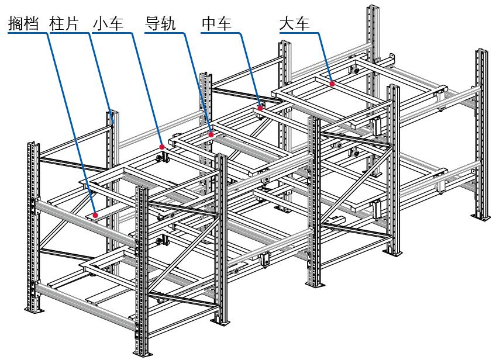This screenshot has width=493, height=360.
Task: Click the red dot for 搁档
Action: [x=94, y=214]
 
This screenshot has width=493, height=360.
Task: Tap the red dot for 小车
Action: [x=162, y=146]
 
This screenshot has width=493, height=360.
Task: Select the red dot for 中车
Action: [x=260, y=107]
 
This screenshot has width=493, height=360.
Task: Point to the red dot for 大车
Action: [x=332, y=84]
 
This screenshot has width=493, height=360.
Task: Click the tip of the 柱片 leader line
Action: [x=113, y=121]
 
